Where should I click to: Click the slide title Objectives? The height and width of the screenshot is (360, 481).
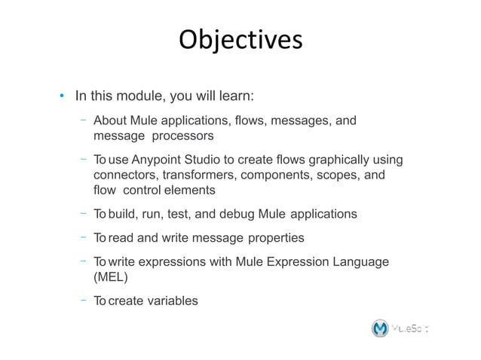[x=240, y=40]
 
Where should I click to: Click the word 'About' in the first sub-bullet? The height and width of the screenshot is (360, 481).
[x=109, y=122]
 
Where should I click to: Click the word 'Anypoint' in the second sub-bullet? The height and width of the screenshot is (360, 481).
[x=156, y=160]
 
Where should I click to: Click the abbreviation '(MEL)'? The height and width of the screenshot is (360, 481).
[x=111, y=276]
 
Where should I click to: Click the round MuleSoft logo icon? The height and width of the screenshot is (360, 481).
[x=381, y=328]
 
